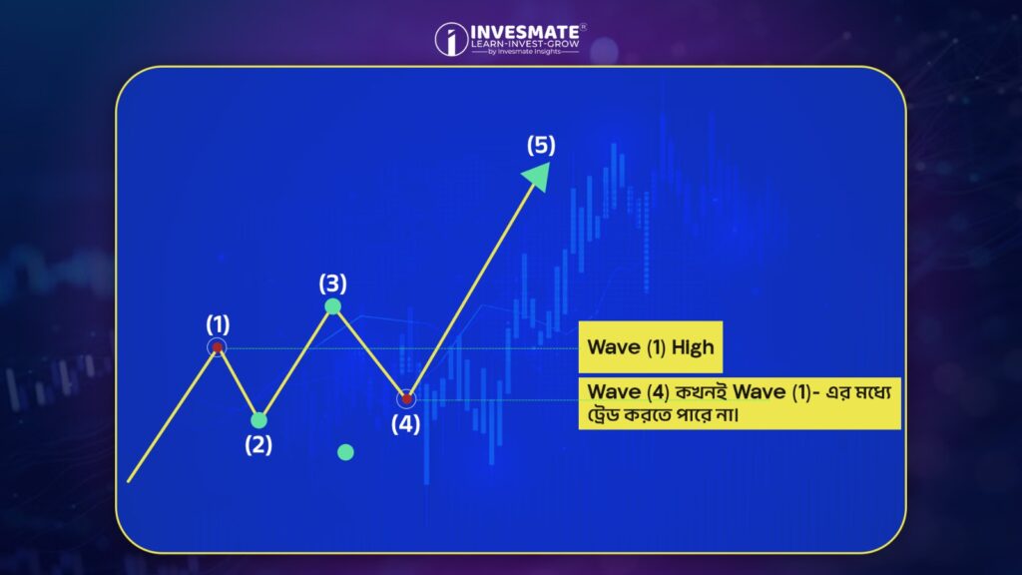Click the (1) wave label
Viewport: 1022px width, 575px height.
click(x=218, y=324)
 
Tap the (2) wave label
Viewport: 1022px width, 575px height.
click(x=258, y=445)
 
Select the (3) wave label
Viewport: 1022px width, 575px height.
click(x=332, y=284)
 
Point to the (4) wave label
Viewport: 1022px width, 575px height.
click(x=405, y=424)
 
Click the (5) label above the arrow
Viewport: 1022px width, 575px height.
click(x=541, y=145)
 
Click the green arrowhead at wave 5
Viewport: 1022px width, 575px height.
click(x=538, y=176)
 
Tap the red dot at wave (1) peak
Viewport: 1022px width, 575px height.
click(x=217, y=347)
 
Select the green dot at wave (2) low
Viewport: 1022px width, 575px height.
click(x=258, y=420)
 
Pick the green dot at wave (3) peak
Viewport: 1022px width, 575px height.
click(x=332, y=305)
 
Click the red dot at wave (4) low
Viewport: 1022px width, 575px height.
click(x=406, y=398)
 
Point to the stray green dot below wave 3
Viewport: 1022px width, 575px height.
click(x=345, y=452)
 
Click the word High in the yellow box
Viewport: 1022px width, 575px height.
click(x=693, y=347)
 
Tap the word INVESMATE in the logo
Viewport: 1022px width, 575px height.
click(x=525, y=32)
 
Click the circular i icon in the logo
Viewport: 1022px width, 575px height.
click(x=451, y=39)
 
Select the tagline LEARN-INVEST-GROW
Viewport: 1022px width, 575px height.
click(x=525, y=44)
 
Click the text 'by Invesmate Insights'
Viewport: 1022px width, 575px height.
click(x=524, y=52)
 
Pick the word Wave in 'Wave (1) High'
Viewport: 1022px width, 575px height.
click(x=614, y=346)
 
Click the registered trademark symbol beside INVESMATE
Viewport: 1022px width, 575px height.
click(x=583, y=27)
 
